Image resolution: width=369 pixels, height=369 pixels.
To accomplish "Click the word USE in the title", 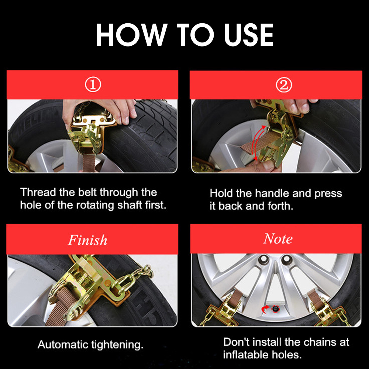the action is coord(248,35).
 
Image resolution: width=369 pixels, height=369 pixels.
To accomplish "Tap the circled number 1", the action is coord(93,85).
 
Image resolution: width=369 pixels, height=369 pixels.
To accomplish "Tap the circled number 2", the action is coord(284,85).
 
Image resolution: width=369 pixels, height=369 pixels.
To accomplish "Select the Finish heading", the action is coord(87,240).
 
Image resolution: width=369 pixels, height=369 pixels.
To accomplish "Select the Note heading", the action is coord(278,239).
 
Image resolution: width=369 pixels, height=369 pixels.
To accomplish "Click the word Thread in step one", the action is coord(38,192).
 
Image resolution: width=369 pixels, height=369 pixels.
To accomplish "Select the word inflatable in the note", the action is coord(246,355).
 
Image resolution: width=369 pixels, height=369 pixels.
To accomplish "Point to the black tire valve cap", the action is coord(275,308).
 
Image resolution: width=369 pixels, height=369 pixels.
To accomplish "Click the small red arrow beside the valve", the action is coord(265,309).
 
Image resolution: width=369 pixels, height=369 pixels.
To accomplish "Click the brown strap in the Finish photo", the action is coord(62,308).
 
